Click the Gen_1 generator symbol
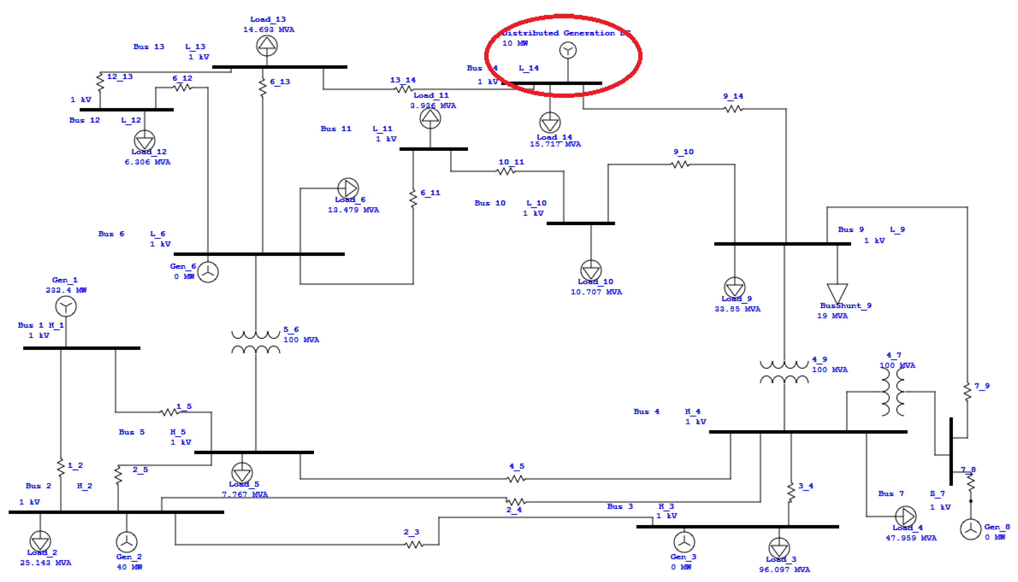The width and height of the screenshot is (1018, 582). [x=66, y=307]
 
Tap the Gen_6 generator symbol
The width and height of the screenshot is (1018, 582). [x=208, y=272]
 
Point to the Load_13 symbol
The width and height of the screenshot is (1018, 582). [x=267, y=45]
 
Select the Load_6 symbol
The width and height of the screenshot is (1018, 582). [x=348, y=188]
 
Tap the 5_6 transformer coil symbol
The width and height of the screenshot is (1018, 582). [x=256, y=342]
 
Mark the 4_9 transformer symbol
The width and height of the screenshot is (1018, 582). [x=784, y=372]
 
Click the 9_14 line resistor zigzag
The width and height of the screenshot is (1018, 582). [x=733, y=109]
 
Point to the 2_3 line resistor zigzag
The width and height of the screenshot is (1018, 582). [x=414, y=545]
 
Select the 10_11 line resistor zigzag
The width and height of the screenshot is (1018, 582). [x=505, y=171]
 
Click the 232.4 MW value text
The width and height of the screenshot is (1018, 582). [x=66, y=290]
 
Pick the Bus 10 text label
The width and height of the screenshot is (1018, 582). [x=490, y=203]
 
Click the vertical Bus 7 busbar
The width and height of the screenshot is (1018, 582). [x=951, y=451]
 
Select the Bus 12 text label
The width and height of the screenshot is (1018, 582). [x=84, y=120]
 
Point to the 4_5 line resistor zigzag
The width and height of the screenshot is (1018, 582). [x=515, y=479]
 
